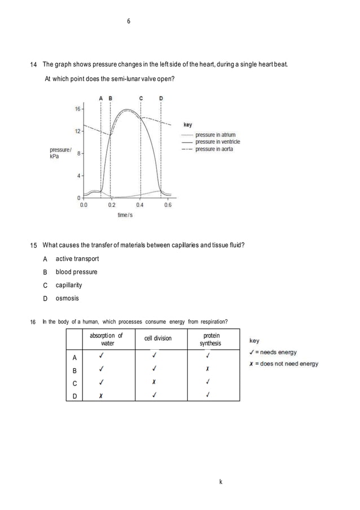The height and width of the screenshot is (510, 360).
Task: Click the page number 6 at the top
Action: click(x=128, y=21)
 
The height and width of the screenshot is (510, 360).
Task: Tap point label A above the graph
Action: click(x=100, y=98)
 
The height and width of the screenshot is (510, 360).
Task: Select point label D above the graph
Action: click(x=161, y=98)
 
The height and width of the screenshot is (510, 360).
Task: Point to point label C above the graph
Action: click(x=141, y=98)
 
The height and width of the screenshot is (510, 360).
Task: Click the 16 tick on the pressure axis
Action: click(x=78, y=108)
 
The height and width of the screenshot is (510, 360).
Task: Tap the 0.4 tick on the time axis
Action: click(x=140, y=205)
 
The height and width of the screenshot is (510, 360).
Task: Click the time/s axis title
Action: click(x=125, y=216)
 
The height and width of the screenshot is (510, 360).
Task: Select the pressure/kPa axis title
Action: click(x=60, y=153)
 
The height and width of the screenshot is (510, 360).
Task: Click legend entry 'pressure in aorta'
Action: click(x=214, y=149)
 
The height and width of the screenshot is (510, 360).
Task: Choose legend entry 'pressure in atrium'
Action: click(x=215, y=135)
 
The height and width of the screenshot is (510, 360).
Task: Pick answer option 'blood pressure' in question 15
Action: click(x=76, y=272)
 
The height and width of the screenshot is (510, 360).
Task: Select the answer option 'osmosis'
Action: click(x=68, y=298)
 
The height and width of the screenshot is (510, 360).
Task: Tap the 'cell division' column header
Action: click(x=158, y=338)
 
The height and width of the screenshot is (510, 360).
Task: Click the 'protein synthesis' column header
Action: click(x=210, y=339)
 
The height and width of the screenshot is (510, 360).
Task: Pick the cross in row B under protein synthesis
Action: click(x=208, y=369)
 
